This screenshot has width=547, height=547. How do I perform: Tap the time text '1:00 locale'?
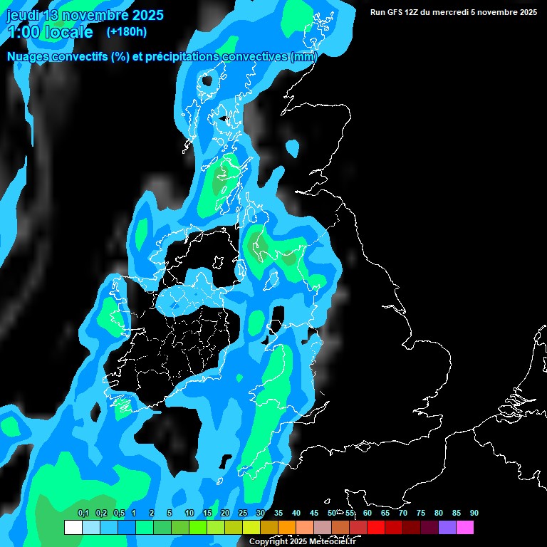click(50, 32)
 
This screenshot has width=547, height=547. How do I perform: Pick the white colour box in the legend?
click(73, 528)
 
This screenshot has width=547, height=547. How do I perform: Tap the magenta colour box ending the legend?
click(465, 528)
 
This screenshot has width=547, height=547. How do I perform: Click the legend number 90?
click(474, 513)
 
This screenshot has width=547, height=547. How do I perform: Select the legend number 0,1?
click(83, 513)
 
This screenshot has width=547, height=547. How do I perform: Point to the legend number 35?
click(278, 513)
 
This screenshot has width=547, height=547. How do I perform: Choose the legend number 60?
click(368, 513)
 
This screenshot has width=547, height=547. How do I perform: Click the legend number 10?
click(189, 513)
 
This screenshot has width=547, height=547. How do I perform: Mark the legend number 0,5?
click(119, 513)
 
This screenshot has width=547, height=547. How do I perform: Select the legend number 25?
click(243, 513)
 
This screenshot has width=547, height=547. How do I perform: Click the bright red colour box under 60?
click(376, 528)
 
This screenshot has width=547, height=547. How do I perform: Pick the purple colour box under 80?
click(447, 528)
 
